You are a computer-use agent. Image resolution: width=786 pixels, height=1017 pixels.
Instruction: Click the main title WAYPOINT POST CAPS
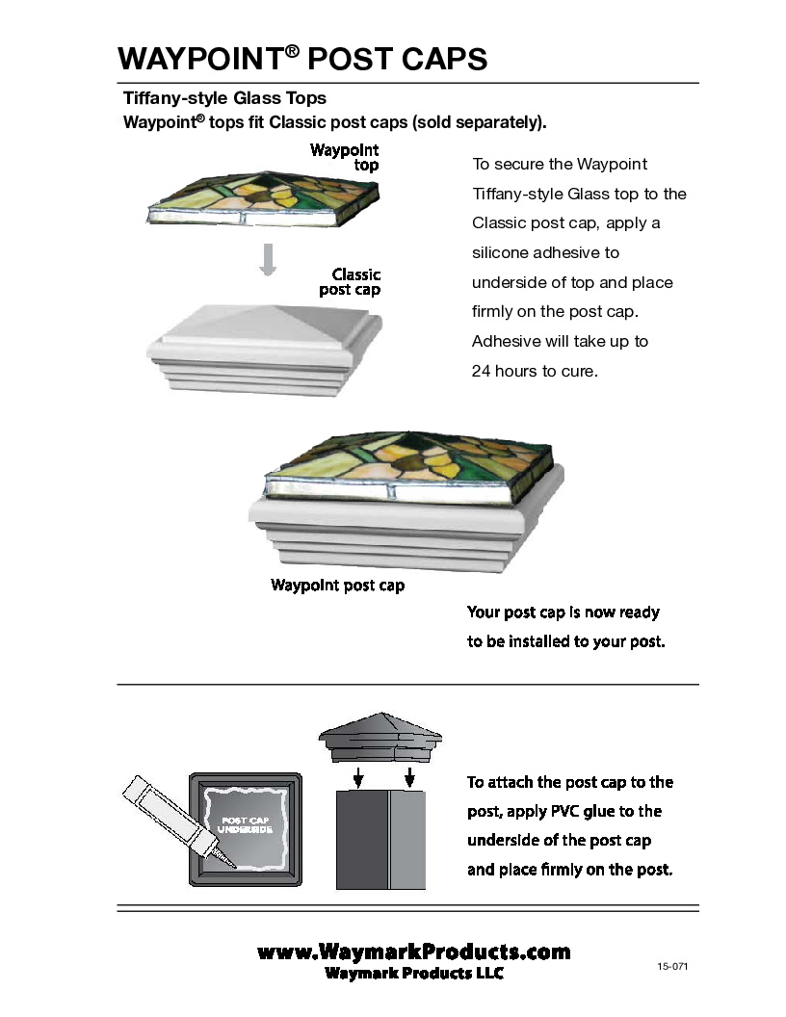click(302, 59)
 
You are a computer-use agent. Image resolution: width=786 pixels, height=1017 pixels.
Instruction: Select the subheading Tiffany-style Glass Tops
click(224, 98)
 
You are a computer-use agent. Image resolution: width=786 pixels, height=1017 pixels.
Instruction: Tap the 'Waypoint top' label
click(345, 158)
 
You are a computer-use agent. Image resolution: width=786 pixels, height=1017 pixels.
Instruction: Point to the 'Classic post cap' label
click(350, 282)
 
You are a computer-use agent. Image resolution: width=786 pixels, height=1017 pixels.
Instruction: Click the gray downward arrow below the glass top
click(268, 259)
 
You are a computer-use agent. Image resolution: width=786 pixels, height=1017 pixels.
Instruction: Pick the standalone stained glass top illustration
click(263, 198)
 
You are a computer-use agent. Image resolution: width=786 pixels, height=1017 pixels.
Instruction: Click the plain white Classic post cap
click(265, 350)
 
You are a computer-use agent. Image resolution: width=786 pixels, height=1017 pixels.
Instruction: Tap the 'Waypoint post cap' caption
click(337, 585)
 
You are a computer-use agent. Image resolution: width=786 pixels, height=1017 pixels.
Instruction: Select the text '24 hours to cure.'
click(535, 371)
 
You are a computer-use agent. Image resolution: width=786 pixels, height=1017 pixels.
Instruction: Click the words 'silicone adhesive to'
click(545, 252)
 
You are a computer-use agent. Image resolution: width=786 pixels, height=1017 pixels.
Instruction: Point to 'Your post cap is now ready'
click(563, 613)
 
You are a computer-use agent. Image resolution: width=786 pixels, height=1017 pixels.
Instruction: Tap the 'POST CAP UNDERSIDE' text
click(245, 825)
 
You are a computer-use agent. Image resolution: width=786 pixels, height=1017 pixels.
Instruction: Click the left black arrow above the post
click(357, 777)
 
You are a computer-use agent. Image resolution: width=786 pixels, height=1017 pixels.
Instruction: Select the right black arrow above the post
click(409, 777)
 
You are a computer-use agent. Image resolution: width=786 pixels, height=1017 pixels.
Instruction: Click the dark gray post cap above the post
click(380, 739)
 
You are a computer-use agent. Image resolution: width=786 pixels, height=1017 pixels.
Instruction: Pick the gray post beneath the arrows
click(380, 839)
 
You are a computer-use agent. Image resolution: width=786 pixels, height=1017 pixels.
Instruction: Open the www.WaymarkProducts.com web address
click(414, 952)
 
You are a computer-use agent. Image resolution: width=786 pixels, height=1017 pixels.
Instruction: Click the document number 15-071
click(672, 966)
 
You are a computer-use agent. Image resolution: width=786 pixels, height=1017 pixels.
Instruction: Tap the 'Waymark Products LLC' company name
click(414, 973)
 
